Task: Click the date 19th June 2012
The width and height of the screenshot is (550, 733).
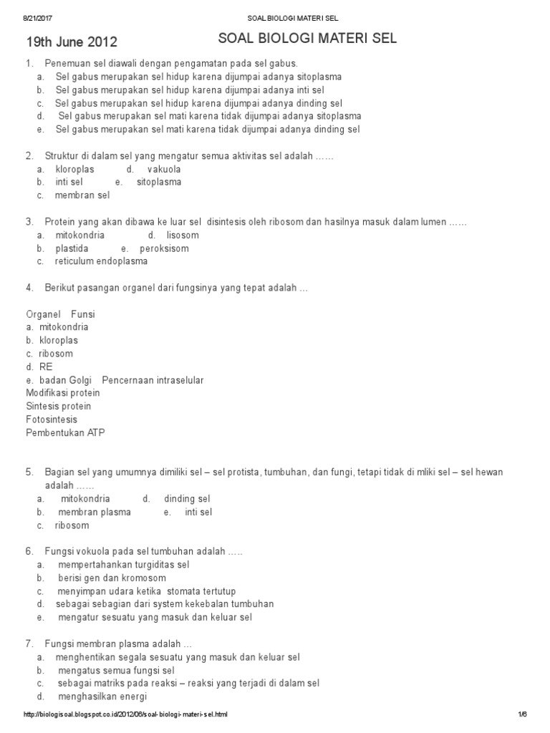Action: coord(72,42)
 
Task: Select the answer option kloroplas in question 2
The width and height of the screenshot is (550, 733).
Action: coord(74,169)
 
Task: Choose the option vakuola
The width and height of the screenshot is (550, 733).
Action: coord(164,169)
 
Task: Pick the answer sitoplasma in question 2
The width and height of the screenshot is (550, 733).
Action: coord(159,182)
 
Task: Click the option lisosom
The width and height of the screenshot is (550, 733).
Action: coord(183,235)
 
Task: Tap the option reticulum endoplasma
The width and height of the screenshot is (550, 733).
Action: coord(101,261)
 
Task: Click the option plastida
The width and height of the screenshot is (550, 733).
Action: coord(72,248)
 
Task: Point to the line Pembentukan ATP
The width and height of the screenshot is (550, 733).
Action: coord(65,432)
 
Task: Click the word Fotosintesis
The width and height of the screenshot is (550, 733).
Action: coord(52,419)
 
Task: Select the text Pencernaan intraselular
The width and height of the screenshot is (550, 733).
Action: coord(153,380)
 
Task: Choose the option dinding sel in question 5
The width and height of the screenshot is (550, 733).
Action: coord(187,498)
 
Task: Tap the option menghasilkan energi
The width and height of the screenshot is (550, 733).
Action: coord(102,696)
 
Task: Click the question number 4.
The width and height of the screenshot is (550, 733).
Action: coord(29,288)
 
